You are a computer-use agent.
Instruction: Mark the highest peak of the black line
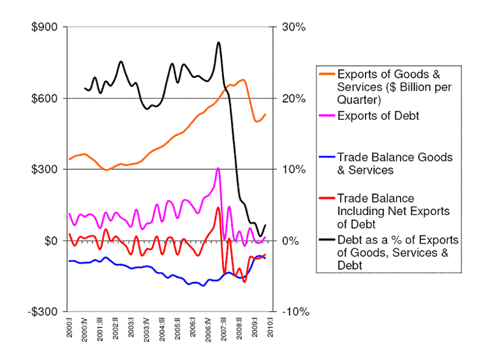coord(218,43)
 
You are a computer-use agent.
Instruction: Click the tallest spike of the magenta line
coord(218,169)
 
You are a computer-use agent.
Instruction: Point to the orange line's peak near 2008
coord(242,80)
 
